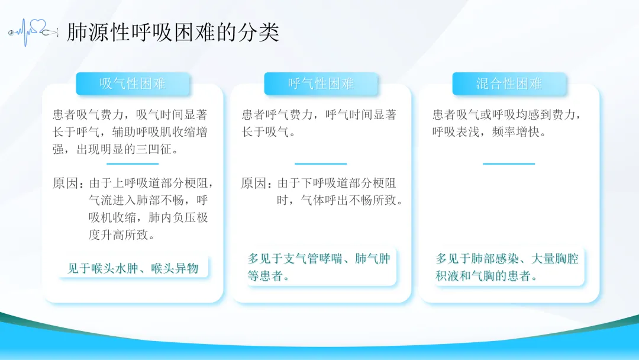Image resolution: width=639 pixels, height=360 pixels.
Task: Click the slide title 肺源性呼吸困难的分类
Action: coord(173,32)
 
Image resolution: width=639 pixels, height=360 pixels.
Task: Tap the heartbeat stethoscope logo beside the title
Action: coord(33,32)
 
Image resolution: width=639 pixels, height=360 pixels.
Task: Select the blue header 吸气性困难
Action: coord(133,83)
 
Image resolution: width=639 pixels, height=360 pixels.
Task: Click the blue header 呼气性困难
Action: coord(321,83)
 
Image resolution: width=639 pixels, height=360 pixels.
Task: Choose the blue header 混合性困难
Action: coord(509,83)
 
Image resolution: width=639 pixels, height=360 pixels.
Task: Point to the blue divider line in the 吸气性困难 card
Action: coord(133,164)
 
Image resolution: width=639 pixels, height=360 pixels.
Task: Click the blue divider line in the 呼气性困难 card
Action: coord(321,164)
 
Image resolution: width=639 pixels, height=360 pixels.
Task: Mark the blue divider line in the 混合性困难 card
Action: coord(509,164)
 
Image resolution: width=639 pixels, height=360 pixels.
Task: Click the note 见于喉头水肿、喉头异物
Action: coord(133,268)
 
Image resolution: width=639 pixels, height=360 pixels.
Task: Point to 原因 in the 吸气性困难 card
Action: coord(65,183)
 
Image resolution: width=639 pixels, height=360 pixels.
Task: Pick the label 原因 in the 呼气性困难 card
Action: coord(253,183)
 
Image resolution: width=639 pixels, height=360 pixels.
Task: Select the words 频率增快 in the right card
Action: coord(515,132)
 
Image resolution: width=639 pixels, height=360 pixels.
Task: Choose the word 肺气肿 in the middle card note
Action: coord(373,259)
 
